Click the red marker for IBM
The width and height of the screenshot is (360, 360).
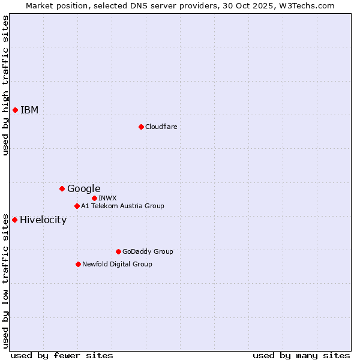(15, 110)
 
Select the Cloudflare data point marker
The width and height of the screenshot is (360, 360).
(141, 127)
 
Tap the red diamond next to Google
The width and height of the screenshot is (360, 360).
(62, 188)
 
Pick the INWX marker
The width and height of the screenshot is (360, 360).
(94, 198)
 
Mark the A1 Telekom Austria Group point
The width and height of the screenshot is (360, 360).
(77, 206)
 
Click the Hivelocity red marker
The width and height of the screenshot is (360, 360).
(14, 220)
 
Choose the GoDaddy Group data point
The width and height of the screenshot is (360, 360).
(118, 251)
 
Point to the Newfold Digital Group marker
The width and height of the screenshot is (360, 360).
(78, 264)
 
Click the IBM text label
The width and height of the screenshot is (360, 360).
(29, 110)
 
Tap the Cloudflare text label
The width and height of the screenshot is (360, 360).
(161, 127)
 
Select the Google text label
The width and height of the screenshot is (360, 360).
(83, 188)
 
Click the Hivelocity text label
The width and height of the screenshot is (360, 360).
(43, 220)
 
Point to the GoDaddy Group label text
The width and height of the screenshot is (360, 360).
(148, 251)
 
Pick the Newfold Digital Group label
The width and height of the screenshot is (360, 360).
(117, 264)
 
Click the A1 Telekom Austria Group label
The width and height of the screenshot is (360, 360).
(122, 206)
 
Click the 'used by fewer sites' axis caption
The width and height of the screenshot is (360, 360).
(61, 355)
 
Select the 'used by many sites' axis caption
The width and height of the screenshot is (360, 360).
(301, 355)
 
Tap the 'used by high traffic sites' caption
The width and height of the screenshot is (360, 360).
(5, 85)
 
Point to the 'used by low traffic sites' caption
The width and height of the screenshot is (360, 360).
(5, 280)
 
